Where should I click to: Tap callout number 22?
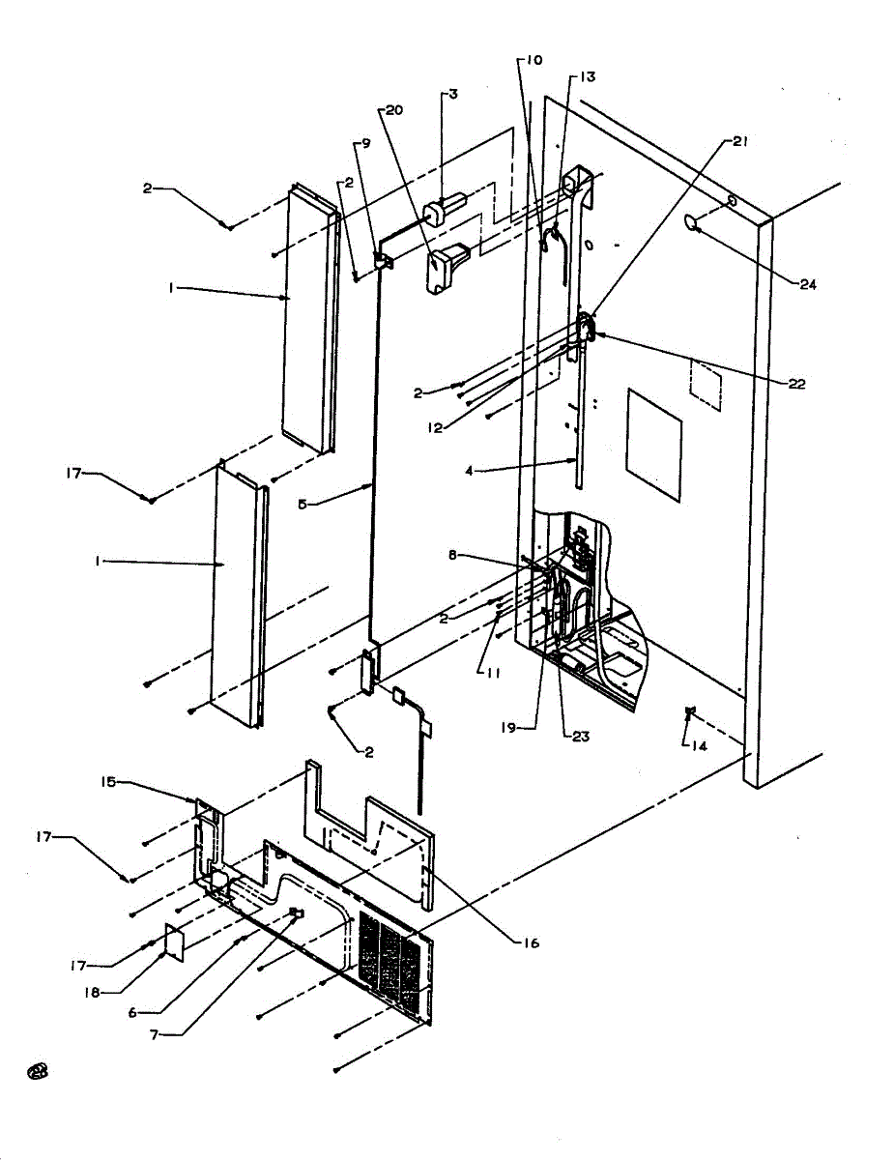tap(794, 384)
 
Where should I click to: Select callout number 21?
tap(740, 141)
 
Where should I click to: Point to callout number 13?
tap(587, 76)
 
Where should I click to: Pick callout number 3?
tap(452, 94)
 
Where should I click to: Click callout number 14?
tap(694, 745)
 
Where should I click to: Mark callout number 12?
tap(435, 428)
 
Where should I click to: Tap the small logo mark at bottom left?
tap(39, 1069)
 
